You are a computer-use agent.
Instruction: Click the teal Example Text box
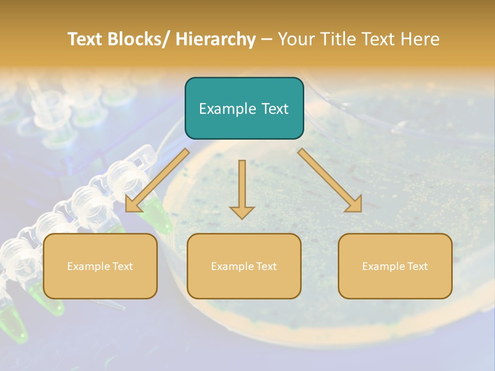(x=244, y=108)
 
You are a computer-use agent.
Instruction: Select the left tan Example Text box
(x=100, y=266)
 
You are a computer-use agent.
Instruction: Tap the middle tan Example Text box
(x=244, y=266)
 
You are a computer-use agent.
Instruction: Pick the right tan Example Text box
(x=395, y=266)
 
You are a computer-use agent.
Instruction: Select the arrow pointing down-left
(x=157, y=180)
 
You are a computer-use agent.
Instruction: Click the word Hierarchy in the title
(x=216, y=39)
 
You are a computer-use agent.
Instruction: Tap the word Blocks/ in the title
(x=137, y=39)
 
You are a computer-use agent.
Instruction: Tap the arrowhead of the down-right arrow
(x=354, y=204)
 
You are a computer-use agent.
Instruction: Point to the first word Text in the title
(x=85, y=39)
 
